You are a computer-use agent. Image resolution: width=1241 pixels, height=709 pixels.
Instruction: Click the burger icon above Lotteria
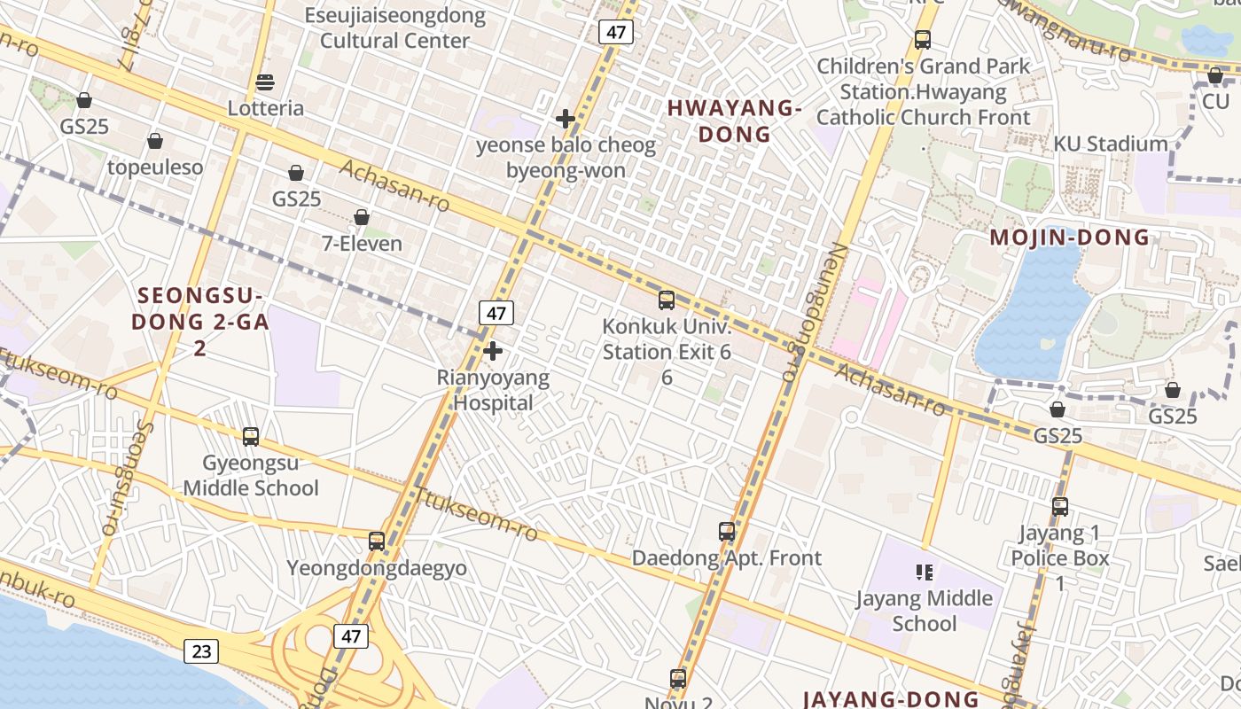[x=264, y=82]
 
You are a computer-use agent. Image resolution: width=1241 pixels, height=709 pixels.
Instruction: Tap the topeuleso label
[x=155, y=168]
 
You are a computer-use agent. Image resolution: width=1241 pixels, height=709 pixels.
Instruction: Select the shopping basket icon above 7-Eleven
[x=362, y=217]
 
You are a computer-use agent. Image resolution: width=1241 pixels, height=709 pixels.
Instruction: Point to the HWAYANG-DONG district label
[x=734, y=121]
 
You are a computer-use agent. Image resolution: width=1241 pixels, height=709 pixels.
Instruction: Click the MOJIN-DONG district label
[x=1069, y=238]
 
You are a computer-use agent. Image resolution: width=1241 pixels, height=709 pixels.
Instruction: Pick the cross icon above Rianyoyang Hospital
[x=493, y=351]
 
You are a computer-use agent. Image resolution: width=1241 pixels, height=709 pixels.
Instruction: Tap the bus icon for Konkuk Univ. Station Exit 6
[x=667, y=300]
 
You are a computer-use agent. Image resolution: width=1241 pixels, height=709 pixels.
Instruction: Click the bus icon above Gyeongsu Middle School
[x=251, y=436]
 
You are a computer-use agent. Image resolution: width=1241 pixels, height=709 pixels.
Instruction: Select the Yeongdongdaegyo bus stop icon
[x=377, y=541]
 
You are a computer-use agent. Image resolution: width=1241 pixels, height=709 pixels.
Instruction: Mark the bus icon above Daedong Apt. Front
[x=727, y=532]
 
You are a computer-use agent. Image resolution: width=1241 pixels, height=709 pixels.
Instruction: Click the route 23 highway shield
[x=201, y=651]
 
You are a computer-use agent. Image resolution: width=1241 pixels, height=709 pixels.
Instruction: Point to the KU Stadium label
[x=1110, y=144]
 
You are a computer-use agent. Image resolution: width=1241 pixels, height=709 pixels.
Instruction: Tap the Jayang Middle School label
[x=924, y=611]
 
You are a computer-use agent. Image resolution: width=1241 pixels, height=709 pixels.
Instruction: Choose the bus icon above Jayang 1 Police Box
[x=1060, y=507]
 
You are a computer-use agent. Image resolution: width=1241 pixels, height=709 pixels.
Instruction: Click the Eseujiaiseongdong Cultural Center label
[x=395, y=27]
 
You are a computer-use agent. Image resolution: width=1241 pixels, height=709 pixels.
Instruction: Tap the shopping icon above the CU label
[x=1214, y=76]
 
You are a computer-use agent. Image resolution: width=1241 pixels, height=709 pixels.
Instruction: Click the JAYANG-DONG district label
[x=890, y=698]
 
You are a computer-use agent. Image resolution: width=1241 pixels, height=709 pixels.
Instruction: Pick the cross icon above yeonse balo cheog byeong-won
[x=566, y=119]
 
